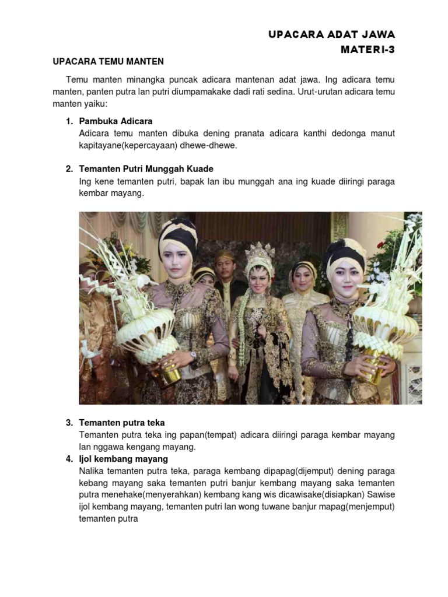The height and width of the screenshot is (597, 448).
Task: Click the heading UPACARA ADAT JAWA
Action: pyautogui.click(x=331, y=35)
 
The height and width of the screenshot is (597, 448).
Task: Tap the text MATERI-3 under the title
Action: pyautogui.click(x=367, y=50)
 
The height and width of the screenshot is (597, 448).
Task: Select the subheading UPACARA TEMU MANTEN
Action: pyautogui.click(x=108, y=61)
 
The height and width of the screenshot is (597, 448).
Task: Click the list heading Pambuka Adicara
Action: pyautogui.click(x=116, y=121)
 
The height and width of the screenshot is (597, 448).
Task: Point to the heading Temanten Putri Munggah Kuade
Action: pyautogui.click(x=146, y=169)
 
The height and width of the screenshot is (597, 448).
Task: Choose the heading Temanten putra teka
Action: pyautogui.click(x=122, y=423)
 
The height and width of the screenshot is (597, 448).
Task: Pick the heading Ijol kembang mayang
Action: pyautogui.click(x=124, y=459)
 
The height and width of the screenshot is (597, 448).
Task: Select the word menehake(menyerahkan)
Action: pyautogui.click(x=138, y=495)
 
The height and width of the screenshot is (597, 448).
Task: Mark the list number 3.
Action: pyautogui.click(x=69, y=423)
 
